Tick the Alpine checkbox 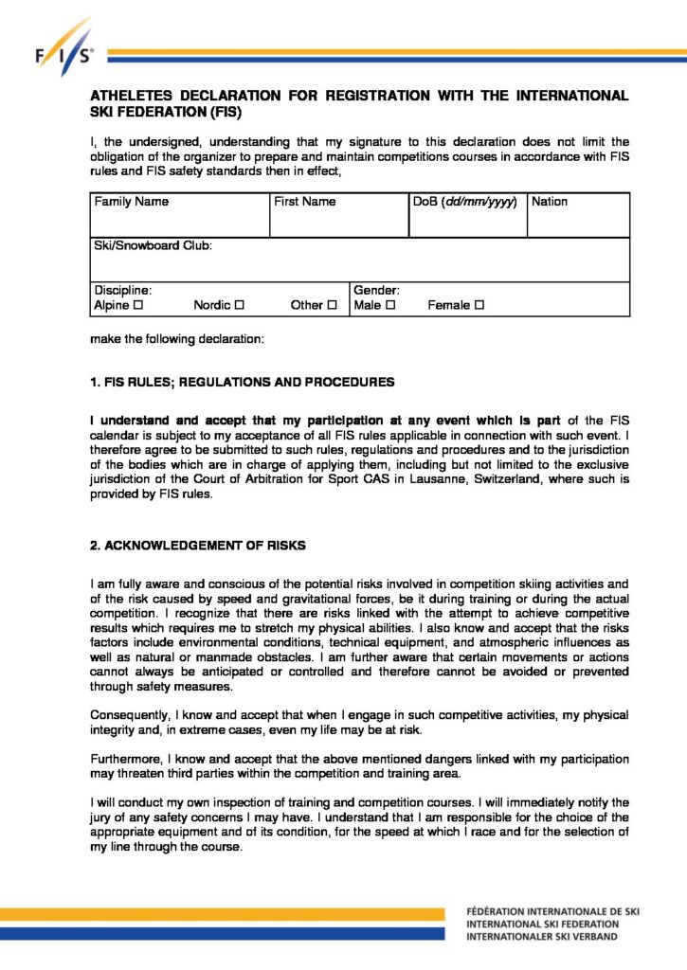point(138,306)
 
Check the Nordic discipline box point(239,306)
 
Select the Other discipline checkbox point(332,306)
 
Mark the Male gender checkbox point(389,306)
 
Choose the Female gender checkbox point(479,306)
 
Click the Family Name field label point(131,202)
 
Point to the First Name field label point(304,202)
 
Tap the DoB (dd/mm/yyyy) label point(464,202)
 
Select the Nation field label point(550,202)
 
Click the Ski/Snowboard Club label point(153,245)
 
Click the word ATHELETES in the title point(134,96)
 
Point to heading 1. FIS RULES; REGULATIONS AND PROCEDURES point(242,383)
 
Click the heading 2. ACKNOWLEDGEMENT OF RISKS point(198,547)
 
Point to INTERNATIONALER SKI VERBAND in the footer point(541,937)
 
